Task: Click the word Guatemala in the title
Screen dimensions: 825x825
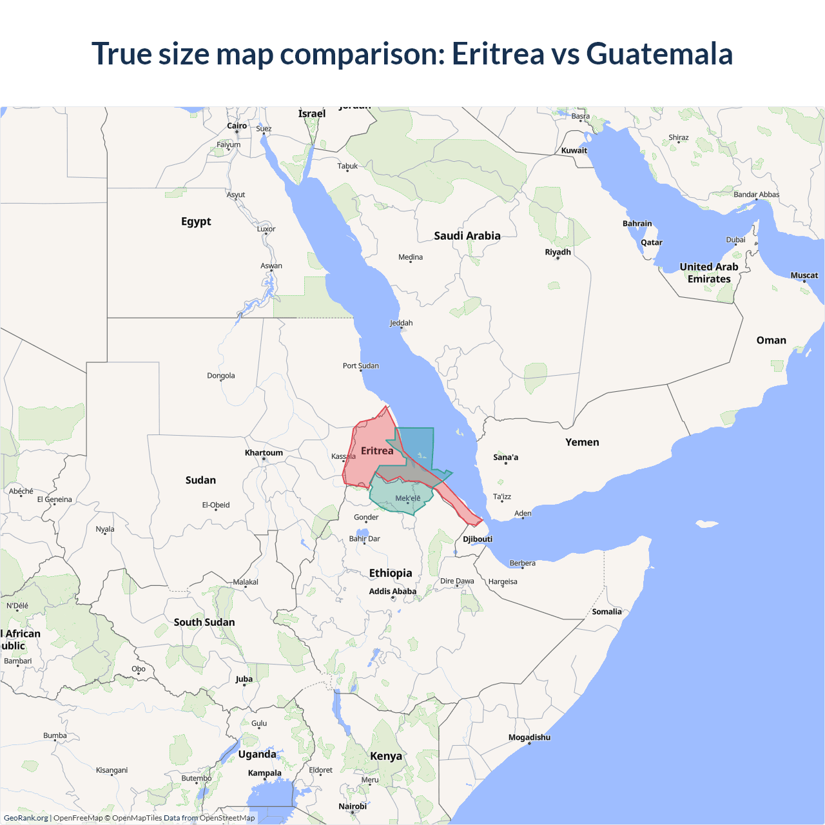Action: (x=659, y=53)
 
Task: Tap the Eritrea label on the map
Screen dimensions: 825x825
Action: (x=377, y=451)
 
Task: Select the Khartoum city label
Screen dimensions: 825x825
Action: (x=264, y=453)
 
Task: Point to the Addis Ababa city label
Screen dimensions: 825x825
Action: (x=393, y=592)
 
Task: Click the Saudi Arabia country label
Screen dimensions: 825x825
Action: (x=467, y=236)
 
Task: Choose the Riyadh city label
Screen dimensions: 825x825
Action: (x=558, y=252)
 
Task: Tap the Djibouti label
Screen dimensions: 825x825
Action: (x=478, y=539)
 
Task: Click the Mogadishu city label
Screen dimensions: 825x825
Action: (x=529, y=737)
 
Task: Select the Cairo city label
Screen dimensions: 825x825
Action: (x=237, y=126)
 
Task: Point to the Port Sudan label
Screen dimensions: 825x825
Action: (x=360, y=366)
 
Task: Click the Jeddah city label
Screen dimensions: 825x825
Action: (x=401, y=323)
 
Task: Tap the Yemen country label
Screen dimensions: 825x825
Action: (x=582, y=442)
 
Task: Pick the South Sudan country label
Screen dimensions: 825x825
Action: (x=204, y=622)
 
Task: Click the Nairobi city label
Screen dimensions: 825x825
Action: (x=353, y=806)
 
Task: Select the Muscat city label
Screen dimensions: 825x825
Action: (x=804, y=275)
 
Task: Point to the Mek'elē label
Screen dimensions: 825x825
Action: (x=407, y=498)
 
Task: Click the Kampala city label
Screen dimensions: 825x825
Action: (x=264, y=773)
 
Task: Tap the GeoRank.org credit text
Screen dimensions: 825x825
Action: (x=26, y=818)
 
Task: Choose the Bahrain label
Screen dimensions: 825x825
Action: (x=637, y=224)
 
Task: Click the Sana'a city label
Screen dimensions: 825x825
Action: (x=505, y=458)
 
